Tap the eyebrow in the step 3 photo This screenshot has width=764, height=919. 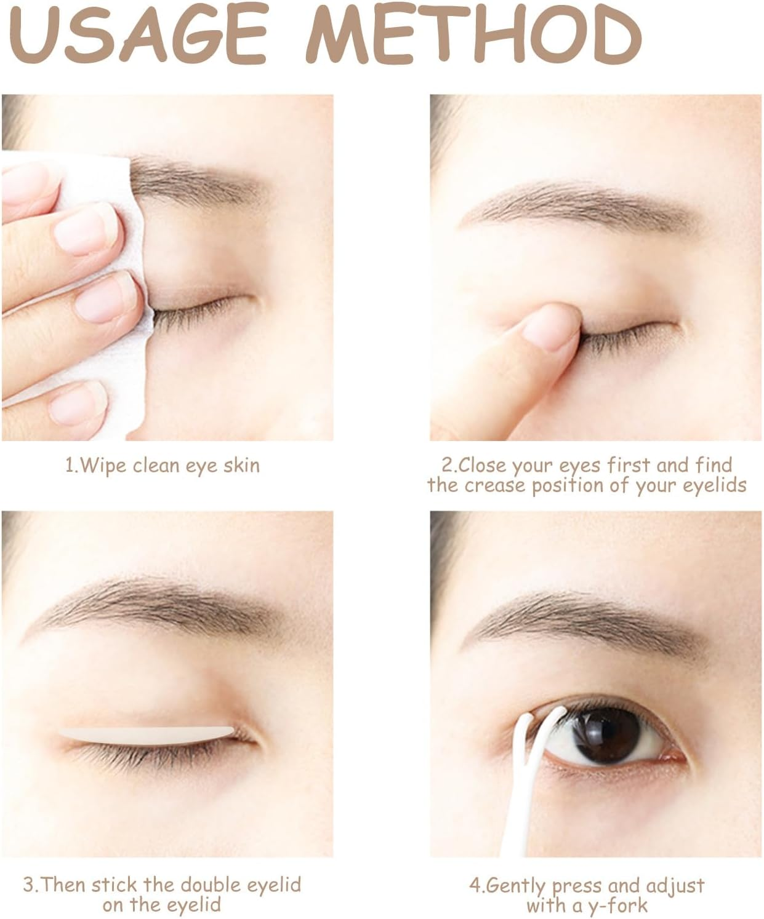coord(160,600)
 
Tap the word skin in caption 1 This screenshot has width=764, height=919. coord(241,466)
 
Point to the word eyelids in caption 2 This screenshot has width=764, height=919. coord(714,486)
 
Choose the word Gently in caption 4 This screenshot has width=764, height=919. coord(515,887)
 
